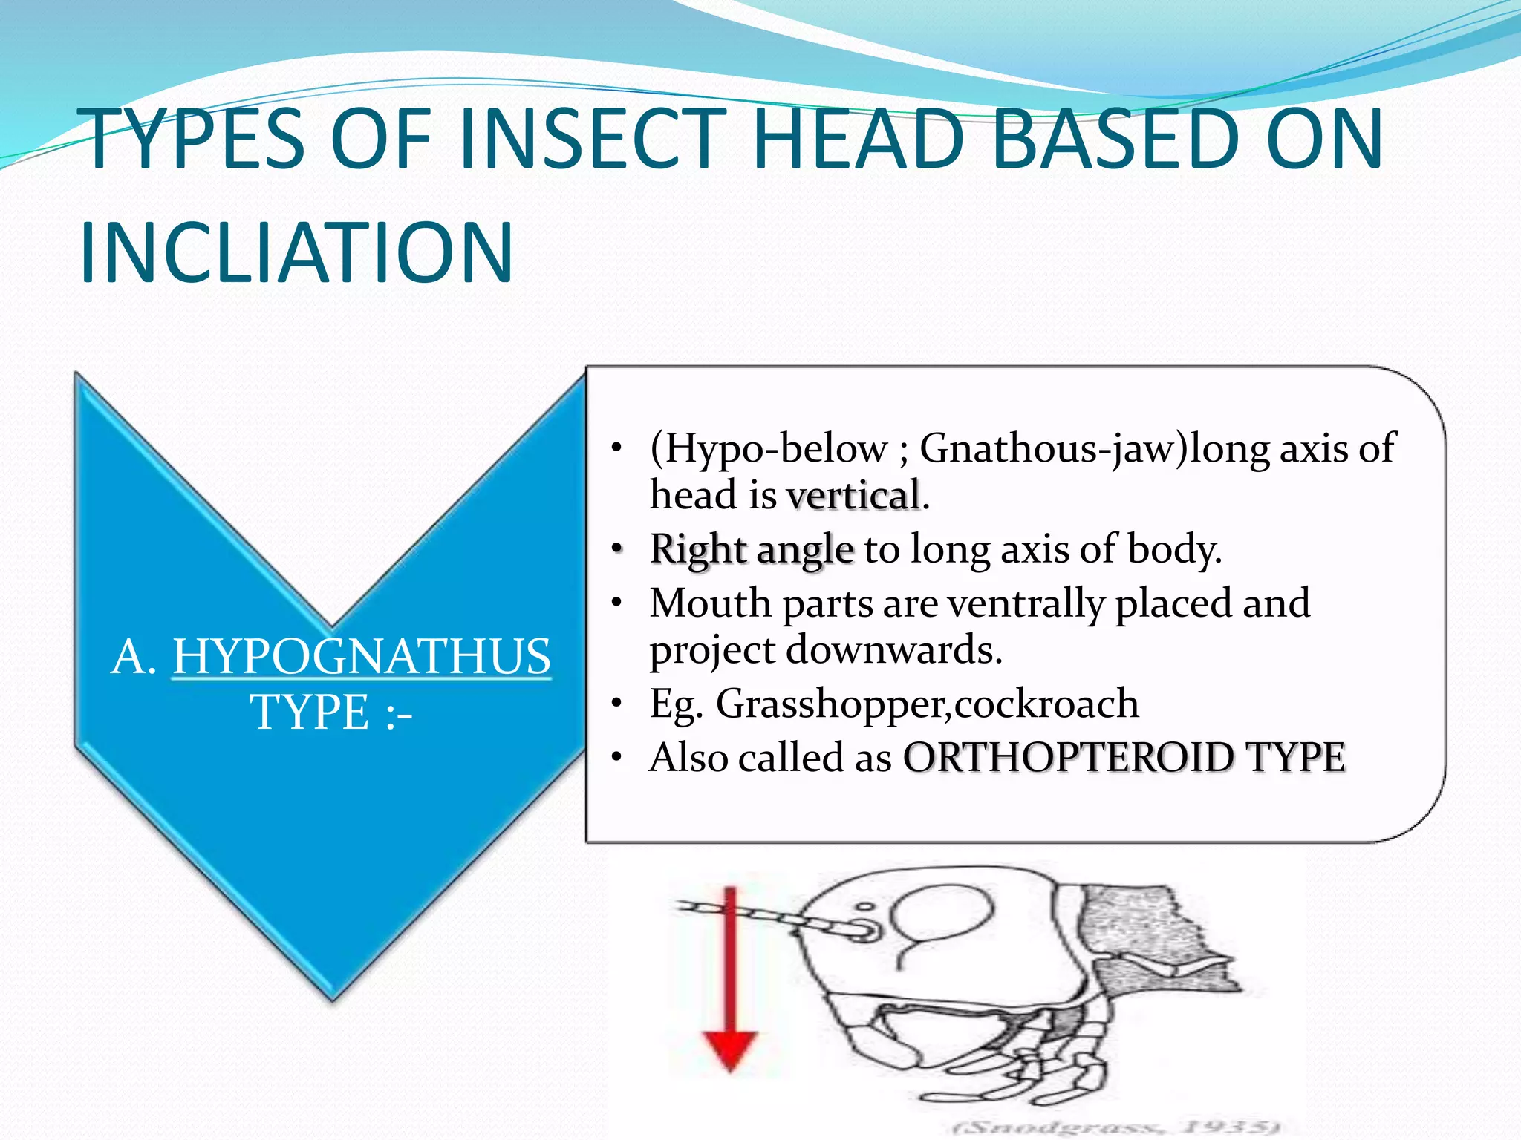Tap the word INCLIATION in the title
click(x=296, y=252)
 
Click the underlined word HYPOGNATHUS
click(x=362, y=657)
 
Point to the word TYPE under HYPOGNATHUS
click(x=310, y=712)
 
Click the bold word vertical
click(x=853, y=496)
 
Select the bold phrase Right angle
click(x=752, y=550)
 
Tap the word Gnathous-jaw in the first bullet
click(x=1053, y=448)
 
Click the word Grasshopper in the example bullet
click(x=831, y=704)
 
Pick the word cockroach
click(x=1046, y=704)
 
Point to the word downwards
click(x=894, y=650)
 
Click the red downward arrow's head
click(x=730, y=1049)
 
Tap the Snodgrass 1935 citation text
click(x=1114, y=1127)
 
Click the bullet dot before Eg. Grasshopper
click(x=616, y=704)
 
